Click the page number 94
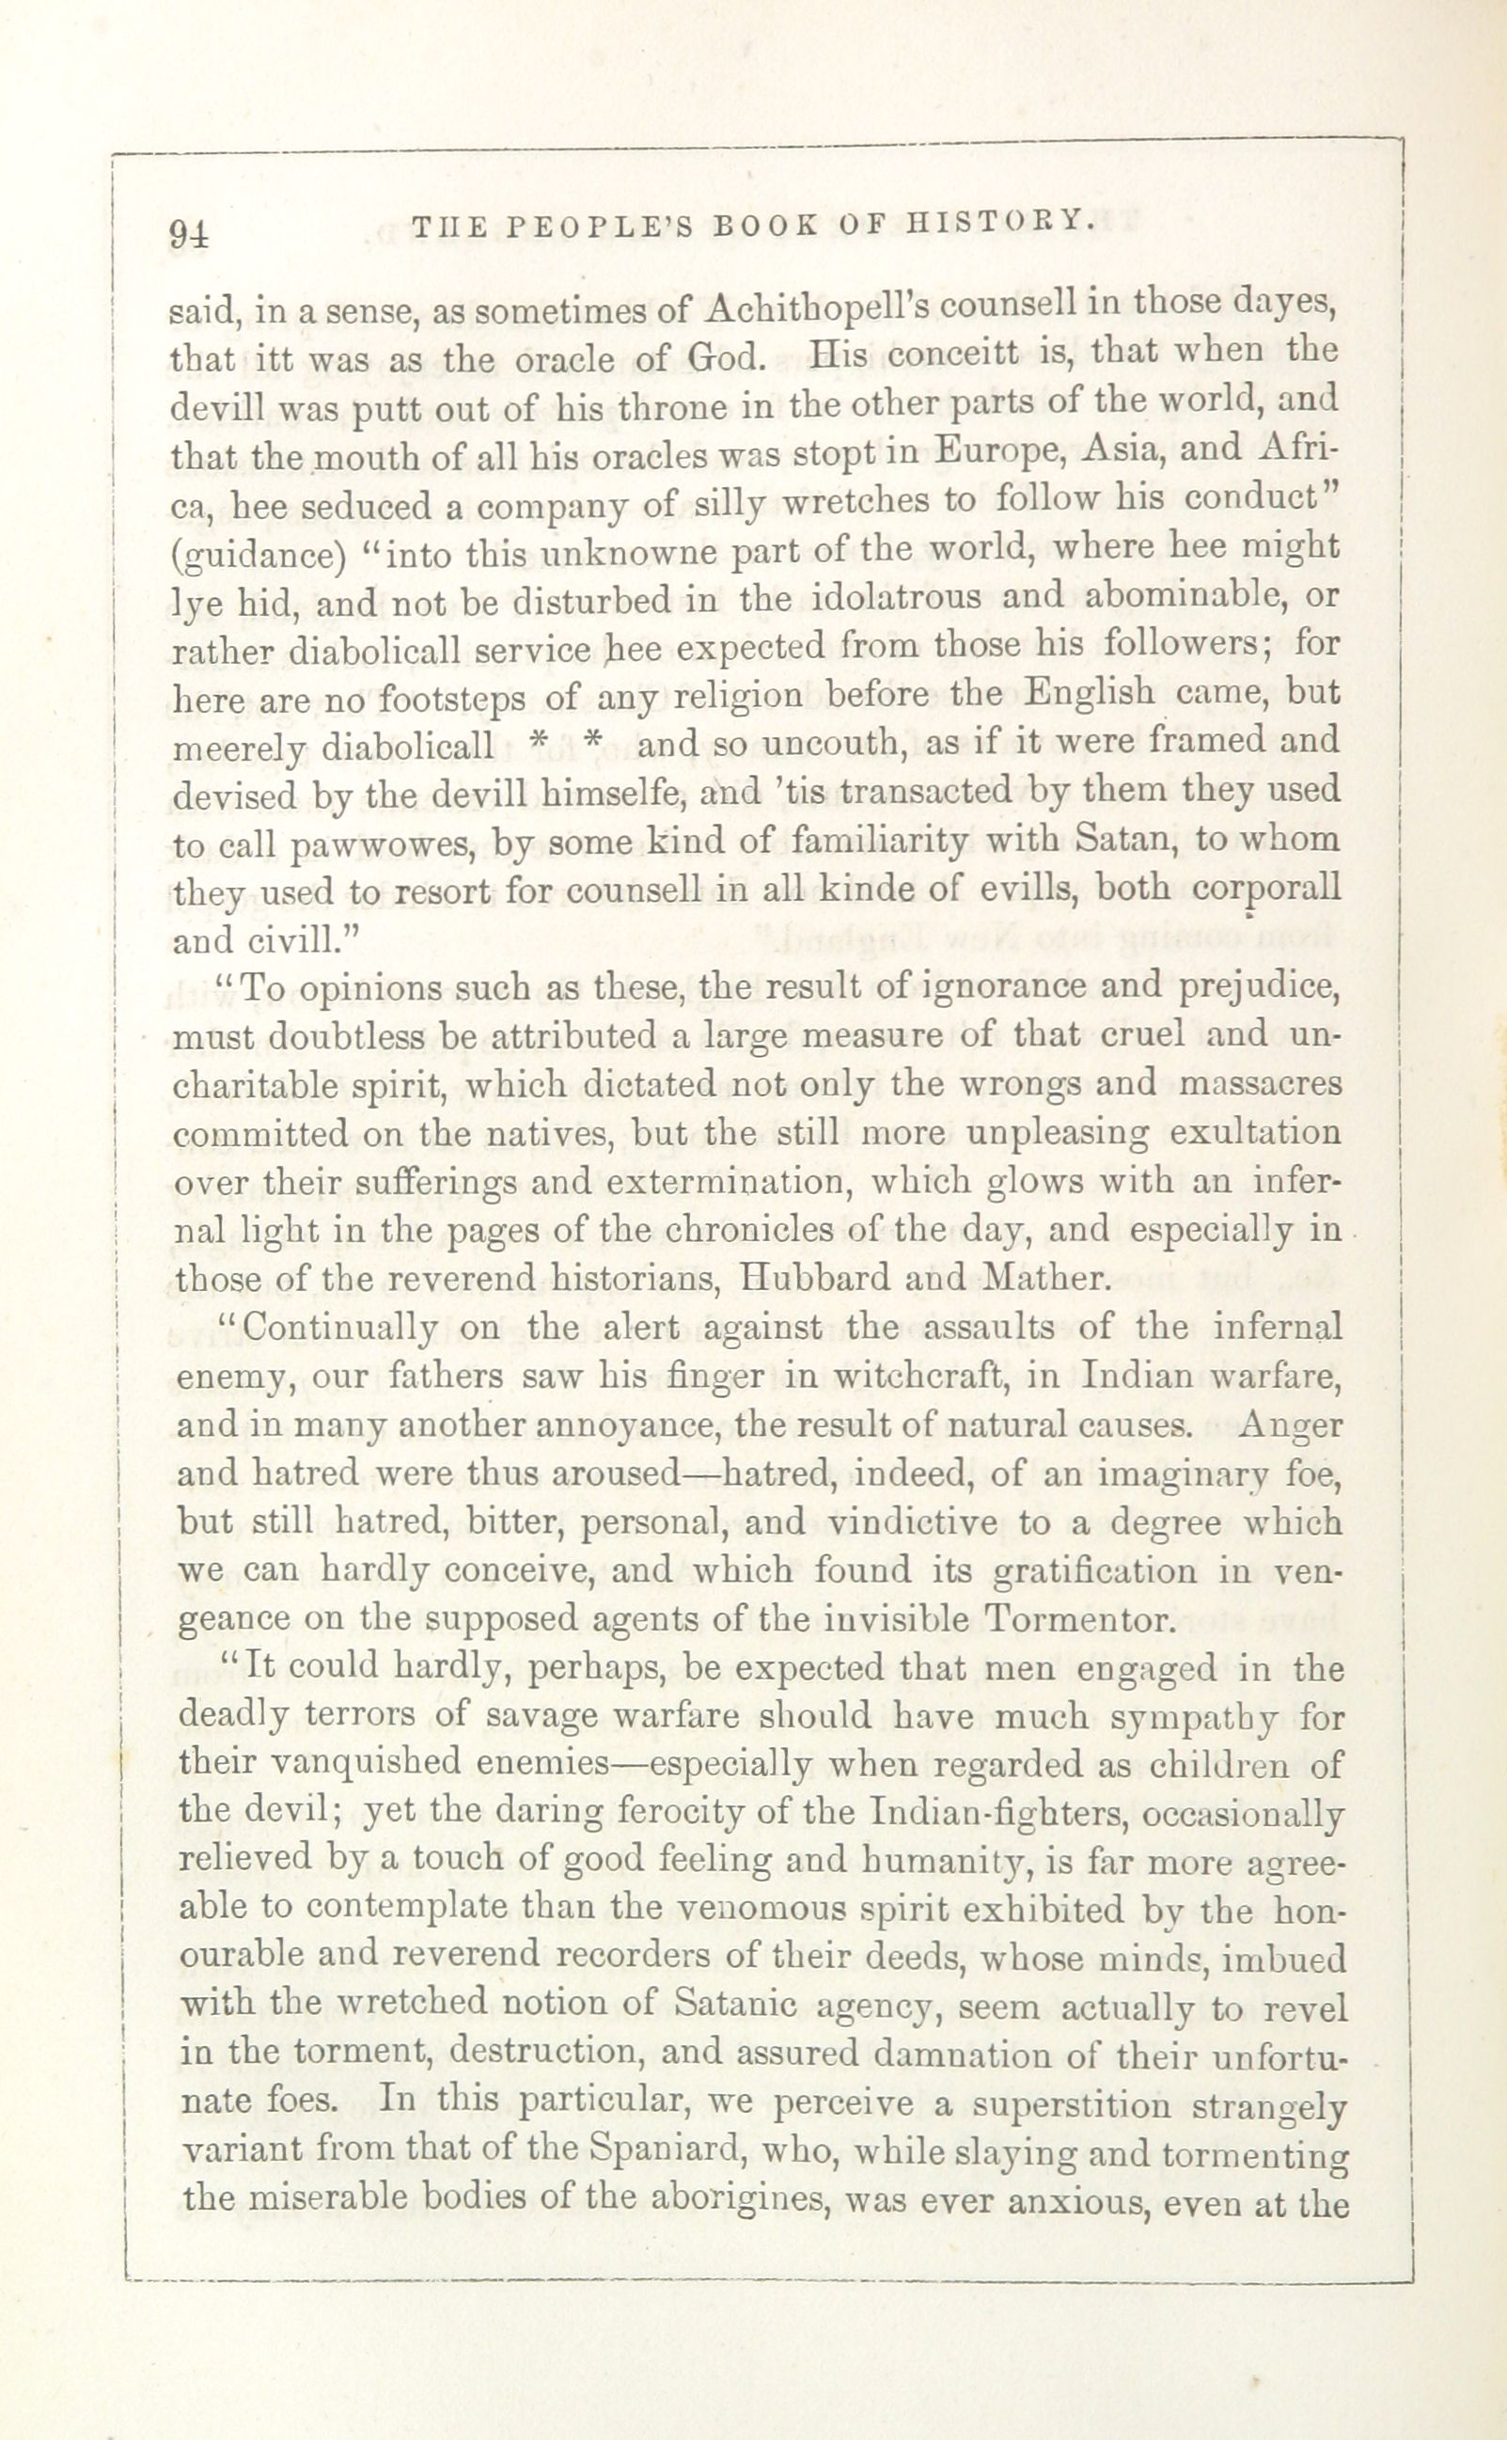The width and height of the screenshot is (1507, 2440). click(x=189, y=232)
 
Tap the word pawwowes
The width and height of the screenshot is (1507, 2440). click(x=377, y=844)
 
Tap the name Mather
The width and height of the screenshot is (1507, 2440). click(x=1046, y=1279)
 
